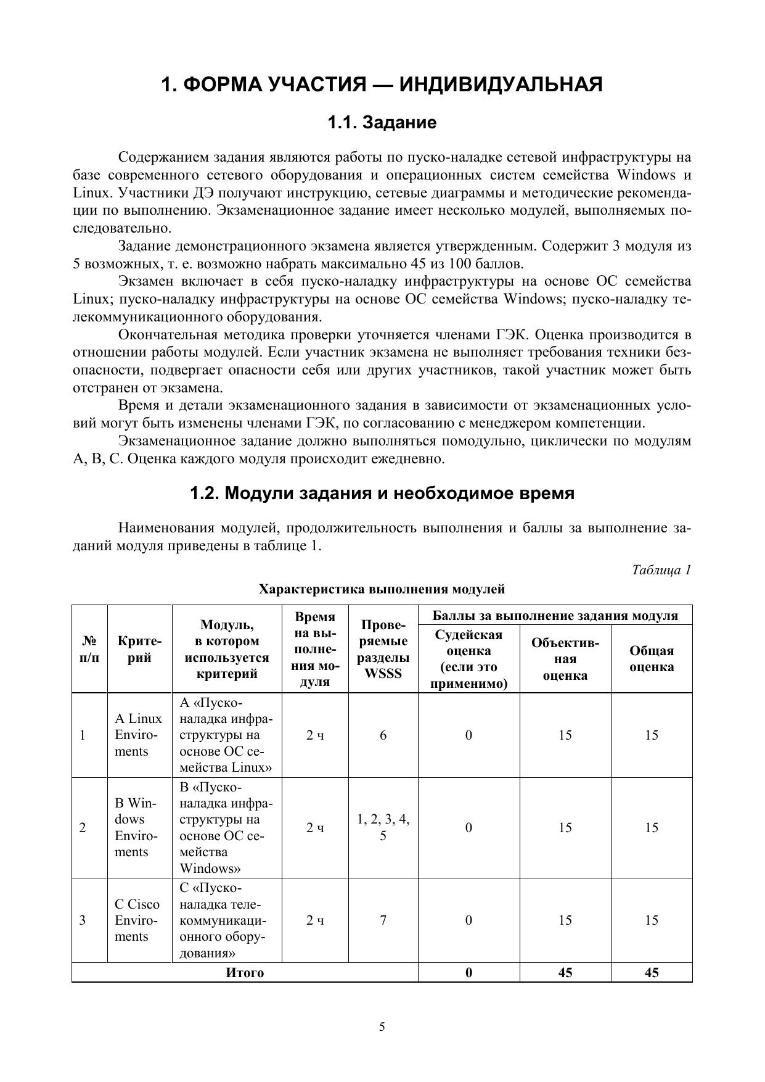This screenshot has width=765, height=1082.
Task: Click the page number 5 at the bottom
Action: click(x=382, y=1026)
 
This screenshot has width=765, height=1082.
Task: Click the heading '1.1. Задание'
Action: click(x=382, y=123)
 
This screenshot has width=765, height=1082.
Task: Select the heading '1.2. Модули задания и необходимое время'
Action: click(x=382, y=494)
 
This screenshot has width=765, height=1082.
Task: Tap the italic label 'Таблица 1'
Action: click(x=661, y=569)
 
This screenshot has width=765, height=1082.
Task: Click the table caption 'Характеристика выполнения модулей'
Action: click(x=382, y=589)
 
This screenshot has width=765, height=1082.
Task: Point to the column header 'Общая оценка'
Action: click(x=652, y=659)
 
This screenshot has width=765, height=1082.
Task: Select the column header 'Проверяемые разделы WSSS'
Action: click(x=383, y=649)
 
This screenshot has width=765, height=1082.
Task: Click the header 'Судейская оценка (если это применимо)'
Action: click(x=468, y=659)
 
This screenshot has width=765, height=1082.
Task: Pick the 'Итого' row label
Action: click(x=245, y=973)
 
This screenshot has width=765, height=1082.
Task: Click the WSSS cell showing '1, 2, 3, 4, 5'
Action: click(x=383, y=827)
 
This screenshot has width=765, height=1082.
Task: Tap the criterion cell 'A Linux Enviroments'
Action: click(x=139, y=735)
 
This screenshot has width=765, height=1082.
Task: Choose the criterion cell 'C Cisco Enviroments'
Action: click(x=137, y=920)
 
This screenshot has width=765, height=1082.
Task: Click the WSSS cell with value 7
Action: click(x=383, y=920)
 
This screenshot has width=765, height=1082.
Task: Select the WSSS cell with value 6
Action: click(x=383, y=735)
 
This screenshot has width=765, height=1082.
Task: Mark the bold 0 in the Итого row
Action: click(x=468, y=973)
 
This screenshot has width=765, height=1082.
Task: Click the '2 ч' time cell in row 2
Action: click(x=315, y=827)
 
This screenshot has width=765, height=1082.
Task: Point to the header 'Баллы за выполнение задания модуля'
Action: click(x=555, y=615)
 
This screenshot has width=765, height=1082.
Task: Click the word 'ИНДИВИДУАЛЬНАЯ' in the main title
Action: click(x=501, y=84)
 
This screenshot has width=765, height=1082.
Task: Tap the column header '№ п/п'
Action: click(x=89, y=649)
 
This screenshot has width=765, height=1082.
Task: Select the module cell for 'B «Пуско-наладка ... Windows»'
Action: click(x=226, y=827)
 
